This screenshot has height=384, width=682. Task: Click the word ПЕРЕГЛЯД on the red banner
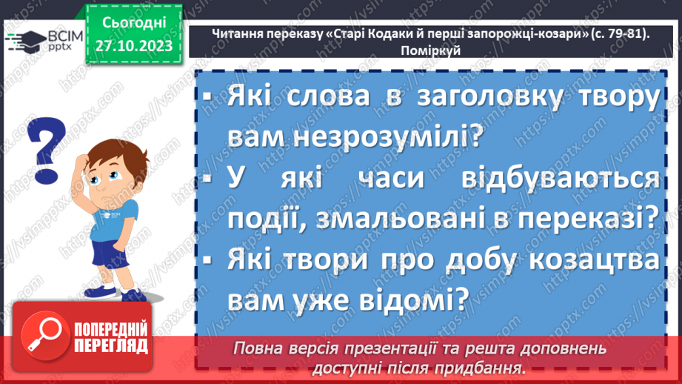[111, 345]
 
